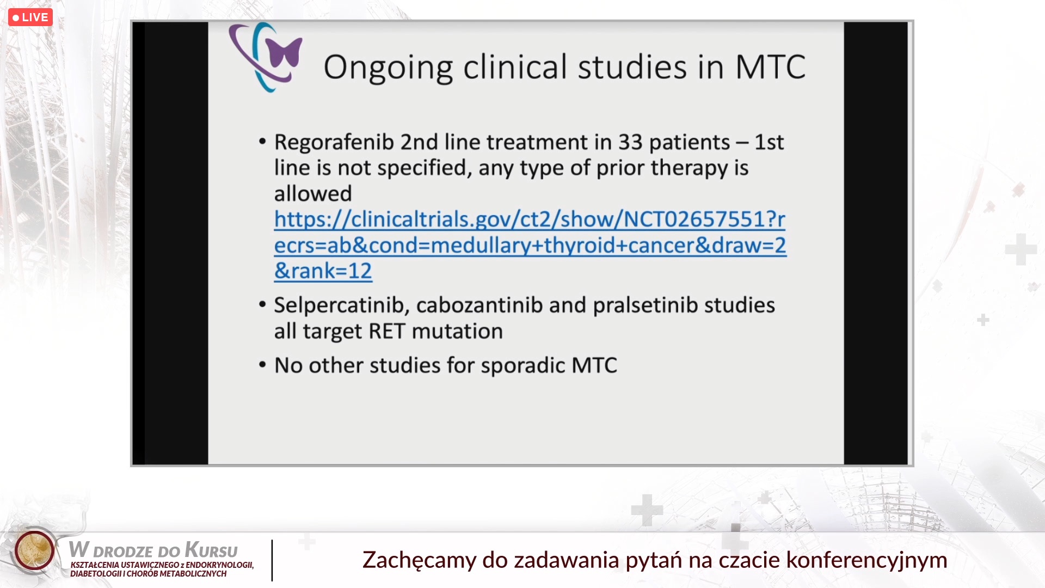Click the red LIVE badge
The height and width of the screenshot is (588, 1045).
click(30, 17)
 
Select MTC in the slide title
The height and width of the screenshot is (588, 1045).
click(770, 67)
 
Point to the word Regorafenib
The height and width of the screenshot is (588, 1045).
click(334, 143)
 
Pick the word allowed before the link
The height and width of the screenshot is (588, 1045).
click(313, 194)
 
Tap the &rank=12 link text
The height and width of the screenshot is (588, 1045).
click(323, 271)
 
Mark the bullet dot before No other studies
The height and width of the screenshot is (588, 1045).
click(262, 364)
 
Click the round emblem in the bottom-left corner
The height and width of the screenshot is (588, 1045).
click(34, 550)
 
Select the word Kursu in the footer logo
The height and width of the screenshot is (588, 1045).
click(211, 550)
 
